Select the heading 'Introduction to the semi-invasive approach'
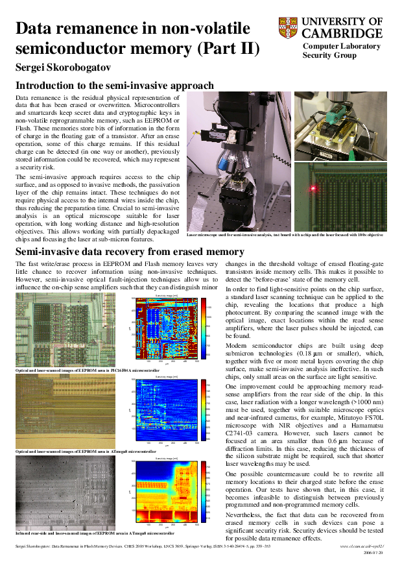coord(115,86)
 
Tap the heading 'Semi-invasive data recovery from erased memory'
coord(130,252)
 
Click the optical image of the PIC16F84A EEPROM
coord(65,330)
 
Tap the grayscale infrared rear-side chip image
coord(65,493)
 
